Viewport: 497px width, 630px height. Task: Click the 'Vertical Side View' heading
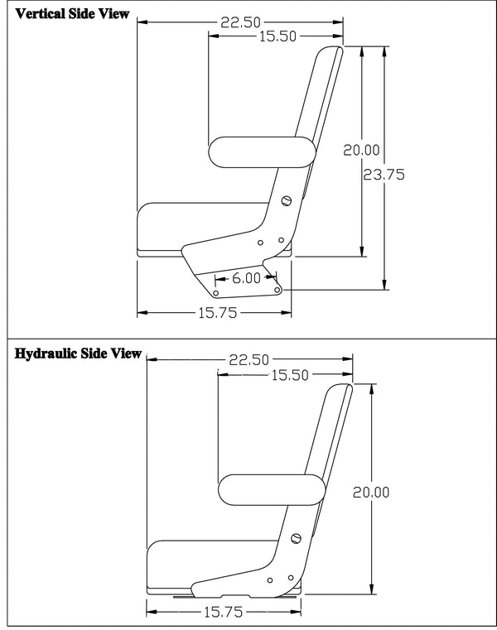72,14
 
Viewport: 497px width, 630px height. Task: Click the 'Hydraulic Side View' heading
79,354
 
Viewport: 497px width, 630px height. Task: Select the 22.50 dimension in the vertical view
239,22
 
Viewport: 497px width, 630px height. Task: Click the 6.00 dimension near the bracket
246,278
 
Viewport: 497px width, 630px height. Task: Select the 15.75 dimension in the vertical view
216,312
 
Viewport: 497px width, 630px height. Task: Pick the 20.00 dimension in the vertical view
362,150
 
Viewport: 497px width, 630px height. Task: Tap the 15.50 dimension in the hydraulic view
289,374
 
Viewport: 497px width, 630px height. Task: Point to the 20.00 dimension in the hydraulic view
371,492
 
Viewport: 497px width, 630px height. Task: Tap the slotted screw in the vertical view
287,200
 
